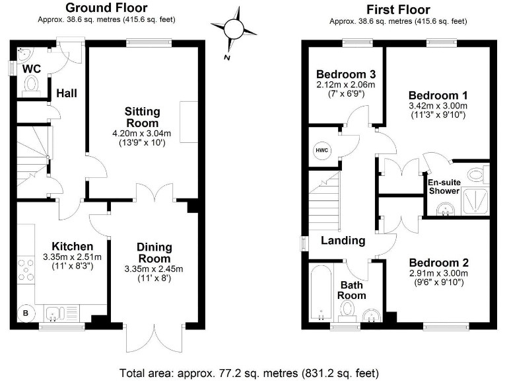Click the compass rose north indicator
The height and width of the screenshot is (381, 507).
[234, 30]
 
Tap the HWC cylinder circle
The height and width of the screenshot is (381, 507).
[322, 151]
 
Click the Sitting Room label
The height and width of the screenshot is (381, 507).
[142, 117]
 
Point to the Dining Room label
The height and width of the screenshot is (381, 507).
[154, 253]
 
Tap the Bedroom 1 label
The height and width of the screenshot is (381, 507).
[438, 94]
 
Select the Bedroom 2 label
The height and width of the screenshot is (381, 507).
[438, 262]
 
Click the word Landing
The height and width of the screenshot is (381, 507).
[343, 240]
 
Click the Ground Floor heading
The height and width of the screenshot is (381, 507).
[106, 9]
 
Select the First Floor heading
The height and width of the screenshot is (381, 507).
[398, 9]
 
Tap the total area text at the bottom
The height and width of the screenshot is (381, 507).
[250, 372]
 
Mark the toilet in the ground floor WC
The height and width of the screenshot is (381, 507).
[31, 85]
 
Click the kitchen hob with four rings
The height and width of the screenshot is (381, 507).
[27, 271]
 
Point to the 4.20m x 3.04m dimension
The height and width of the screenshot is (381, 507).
[142, 134]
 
